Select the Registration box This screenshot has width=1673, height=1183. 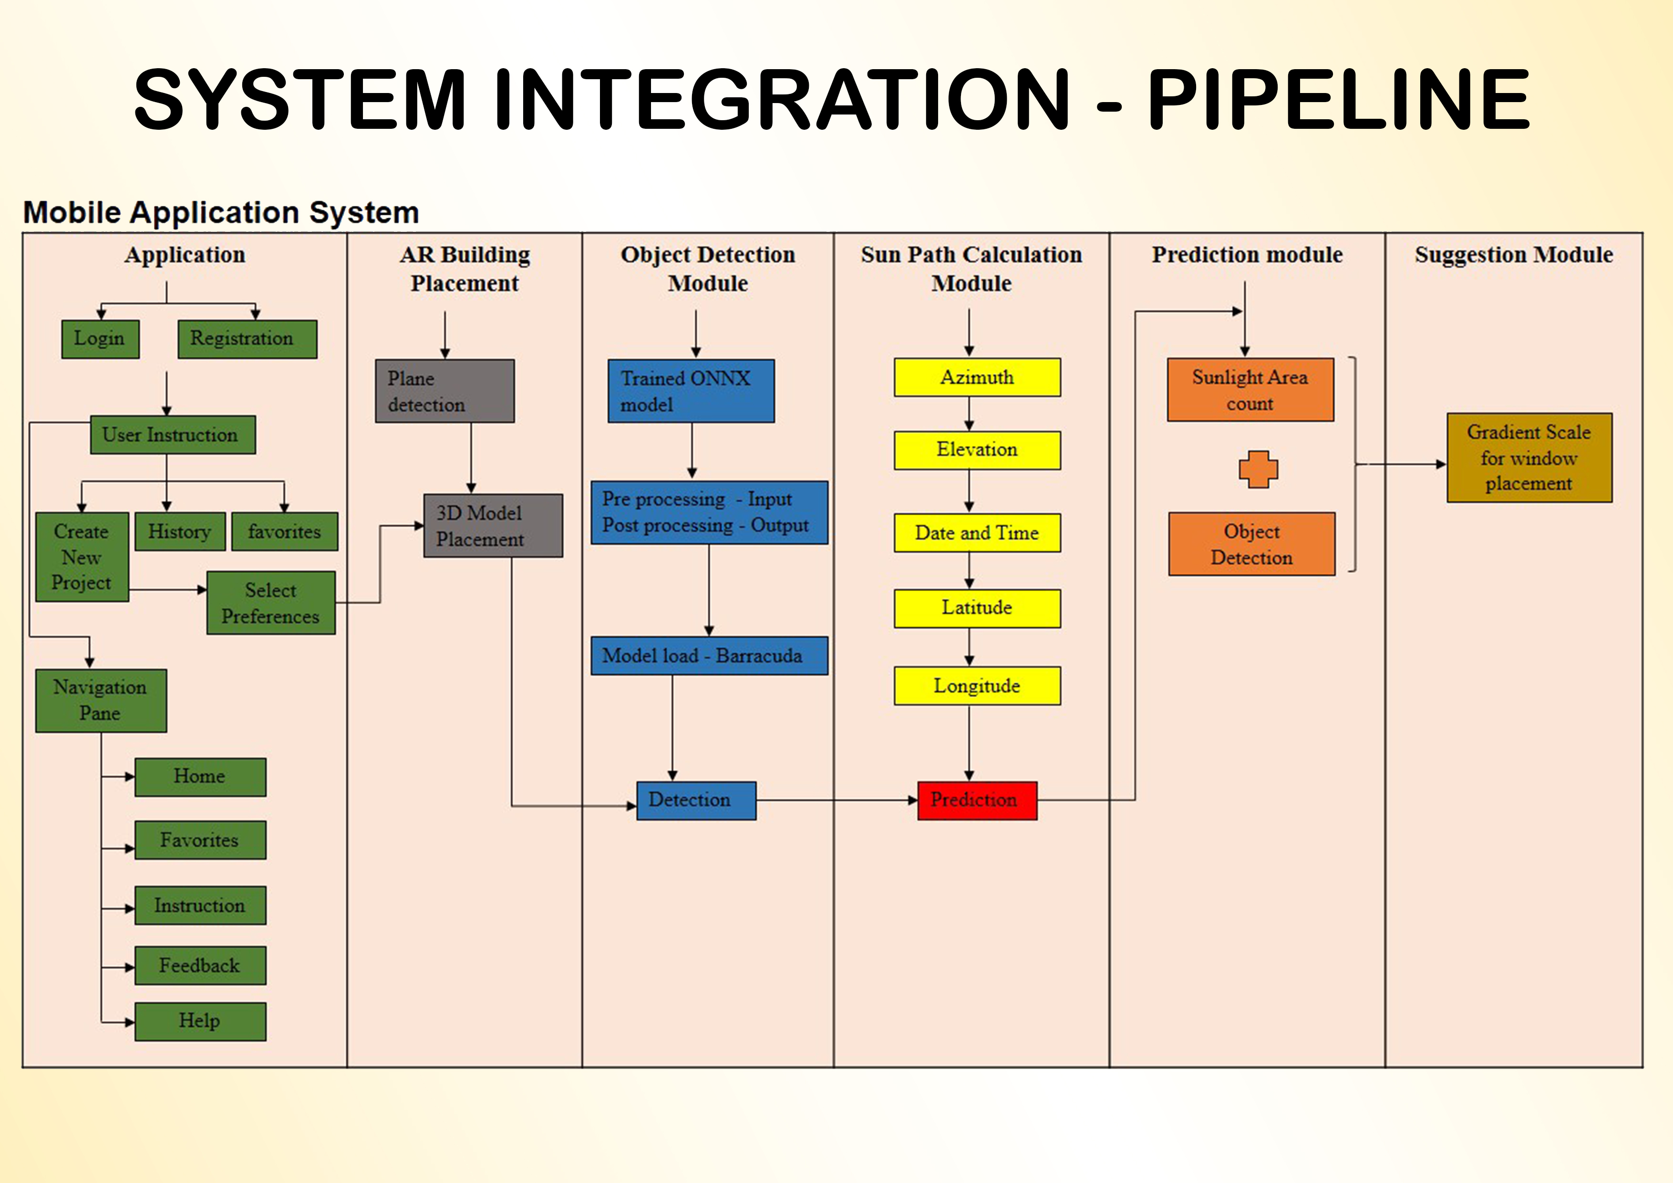(x=247, y=339)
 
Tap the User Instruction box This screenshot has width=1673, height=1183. (x=173, y=435)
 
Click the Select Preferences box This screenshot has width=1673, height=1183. (x=270, y=603)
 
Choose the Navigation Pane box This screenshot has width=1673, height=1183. (x=101, y=700)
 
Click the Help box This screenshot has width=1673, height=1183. (x=200, y=1021)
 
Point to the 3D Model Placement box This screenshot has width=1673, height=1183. (x=493, y=526)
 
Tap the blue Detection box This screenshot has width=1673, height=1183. (x=696, y=800)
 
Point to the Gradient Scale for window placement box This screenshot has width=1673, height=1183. (x=1528, y=458)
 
